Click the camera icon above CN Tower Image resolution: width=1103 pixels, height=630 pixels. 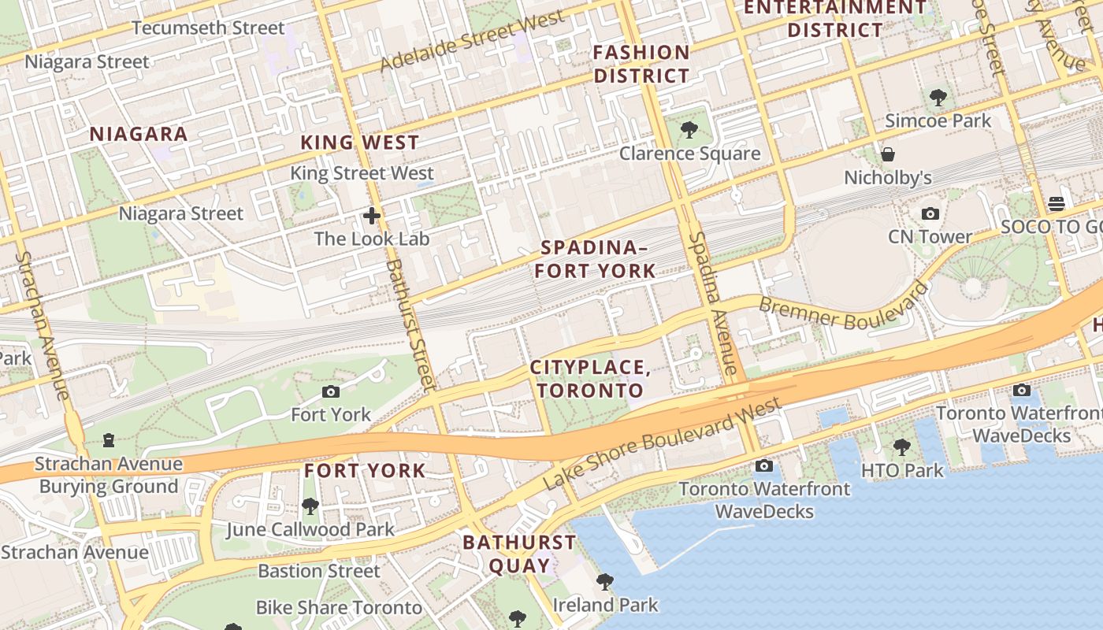[x=930, y=214]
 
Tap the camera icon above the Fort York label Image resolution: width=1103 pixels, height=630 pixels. [x=331, y=391]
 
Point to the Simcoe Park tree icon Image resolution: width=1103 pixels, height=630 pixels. [x=938, y=98]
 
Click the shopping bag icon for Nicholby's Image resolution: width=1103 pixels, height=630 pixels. [x=888, y=154]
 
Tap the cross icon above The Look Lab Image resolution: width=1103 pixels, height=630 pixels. [x=371, y=215]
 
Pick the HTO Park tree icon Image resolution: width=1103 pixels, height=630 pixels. [x=902, y=447]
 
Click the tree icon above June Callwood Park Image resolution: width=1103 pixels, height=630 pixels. [x=310, y=506]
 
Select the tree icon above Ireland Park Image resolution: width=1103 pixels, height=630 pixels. [x=604, y=582]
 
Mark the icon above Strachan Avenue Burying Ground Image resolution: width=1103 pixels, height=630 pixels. [x=110, y=439]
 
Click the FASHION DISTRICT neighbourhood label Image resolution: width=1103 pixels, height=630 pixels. [x=641, y=65]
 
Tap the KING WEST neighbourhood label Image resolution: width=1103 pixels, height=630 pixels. [x=360, y=143]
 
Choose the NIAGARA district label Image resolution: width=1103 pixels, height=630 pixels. [x=139, y=134]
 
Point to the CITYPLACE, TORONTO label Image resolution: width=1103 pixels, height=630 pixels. [x=590, y=379]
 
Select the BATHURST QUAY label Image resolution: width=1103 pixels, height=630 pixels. [x=519, y=554]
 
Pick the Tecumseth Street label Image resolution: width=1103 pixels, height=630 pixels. [x=208, y=28]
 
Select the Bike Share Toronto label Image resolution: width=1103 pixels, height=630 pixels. [x=339, y=608]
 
